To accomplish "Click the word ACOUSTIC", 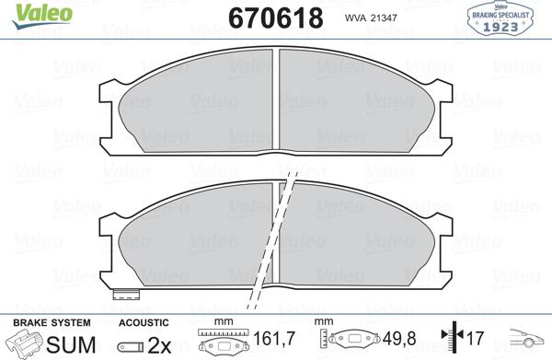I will (x=144, y=322).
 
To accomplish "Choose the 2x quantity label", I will (x=161, y=345).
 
